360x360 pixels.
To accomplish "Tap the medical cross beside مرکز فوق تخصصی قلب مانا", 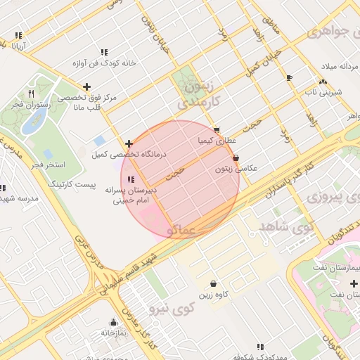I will click(86, 86).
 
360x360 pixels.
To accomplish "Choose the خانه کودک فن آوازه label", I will click(105, 64).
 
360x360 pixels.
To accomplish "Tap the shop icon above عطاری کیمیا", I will click(216, 130).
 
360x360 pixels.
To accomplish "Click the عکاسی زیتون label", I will click(237, 169).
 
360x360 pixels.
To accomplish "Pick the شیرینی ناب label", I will click(321, 92).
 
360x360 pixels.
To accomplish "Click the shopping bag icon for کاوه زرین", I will click(213, 283).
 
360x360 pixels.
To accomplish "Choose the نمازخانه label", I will click(112, 333).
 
